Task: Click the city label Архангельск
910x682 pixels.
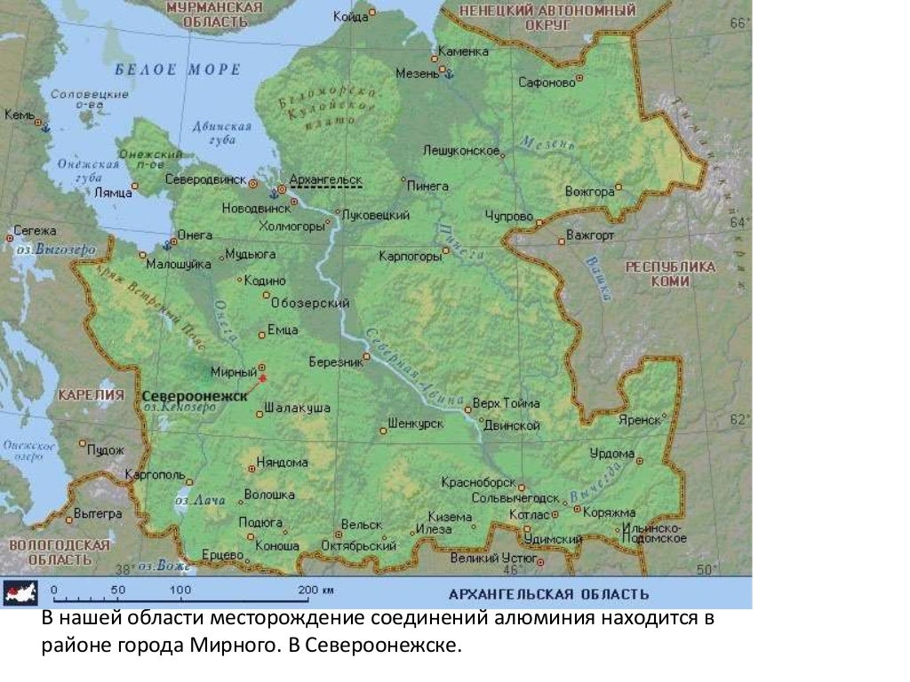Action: pos(325,179)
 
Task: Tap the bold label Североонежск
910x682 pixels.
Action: pos(194,395)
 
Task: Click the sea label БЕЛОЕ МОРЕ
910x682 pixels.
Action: pos(178,69)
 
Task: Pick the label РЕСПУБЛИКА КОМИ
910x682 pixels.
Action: pos(669,274)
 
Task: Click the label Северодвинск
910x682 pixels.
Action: pos(205,178)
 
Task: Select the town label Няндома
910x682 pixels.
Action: pos(282,462)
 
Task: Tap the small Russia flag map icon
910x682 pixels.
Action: pos(20,593)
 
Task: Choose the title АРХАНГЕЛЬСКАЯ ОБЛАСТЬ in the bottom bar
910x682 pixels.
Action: pos(548,593)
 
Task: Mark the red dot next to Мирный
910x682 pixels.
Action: pos(262,378)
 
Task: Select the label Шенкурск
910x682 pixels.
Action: pos(416,424)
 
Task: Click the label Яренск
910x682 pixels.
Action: pos(639,419)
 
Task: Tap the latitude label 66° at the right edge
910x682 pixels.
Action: pos(739,24)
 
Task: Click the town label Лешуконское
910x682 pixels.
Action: pos(461,150)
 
